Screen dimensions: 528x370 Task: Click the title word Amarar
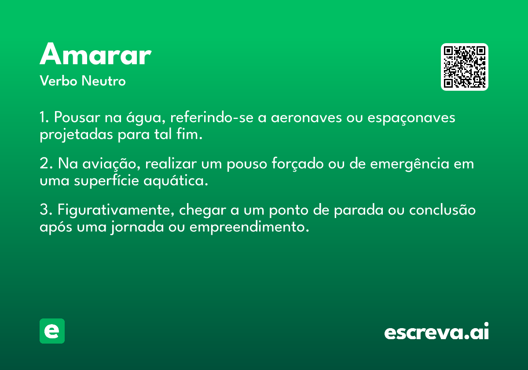95,54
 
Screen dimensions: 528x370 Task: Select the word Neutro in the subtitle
104,81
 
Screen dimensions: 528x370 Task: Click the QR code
464,67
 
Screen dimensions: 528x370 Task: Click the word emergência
410,164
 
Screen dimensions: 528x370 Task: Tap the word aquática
176,181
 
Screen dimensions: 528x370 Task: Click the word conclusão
443,210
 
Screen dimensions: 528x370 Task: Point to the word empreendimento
249,227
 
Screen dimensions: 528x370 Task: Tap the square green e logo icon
52,331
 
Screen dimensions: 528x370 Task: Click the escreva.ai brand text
436,331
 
